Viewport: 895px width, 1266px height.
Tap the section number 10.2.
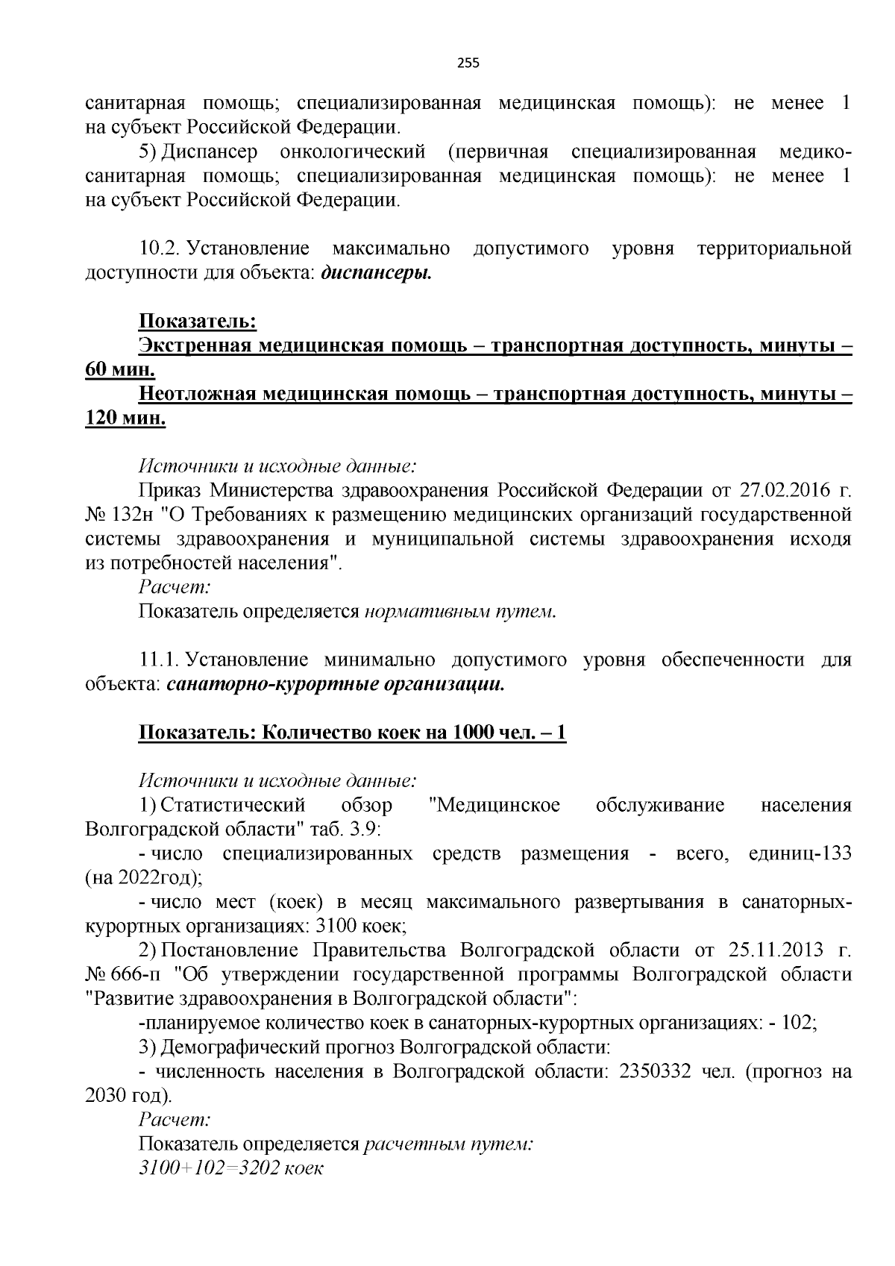click(x=157, y=248)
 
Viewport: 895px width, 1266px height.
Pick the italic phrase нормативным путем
click(x=460, y=612)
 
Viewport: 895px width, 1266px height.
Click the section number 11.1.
click(x=157, y=660)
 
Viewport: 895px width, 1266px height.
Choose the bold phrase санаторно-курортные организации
click(x=335, y=684)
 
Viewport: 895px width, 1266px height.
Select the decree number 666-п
click(x=131, y=974)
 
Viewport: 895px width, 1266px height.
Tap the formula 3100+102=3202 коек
click(x=230, y=1168)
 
